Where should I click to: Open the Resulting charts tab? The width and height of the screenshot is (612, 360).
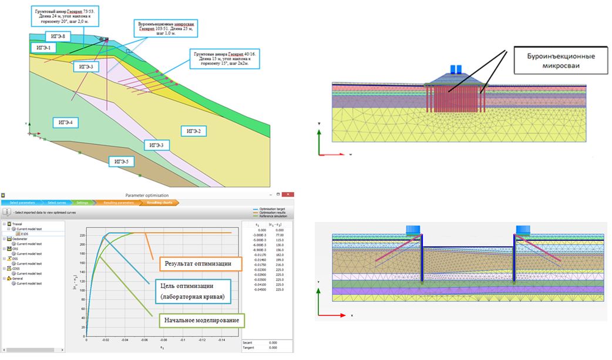pos(160,203)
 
